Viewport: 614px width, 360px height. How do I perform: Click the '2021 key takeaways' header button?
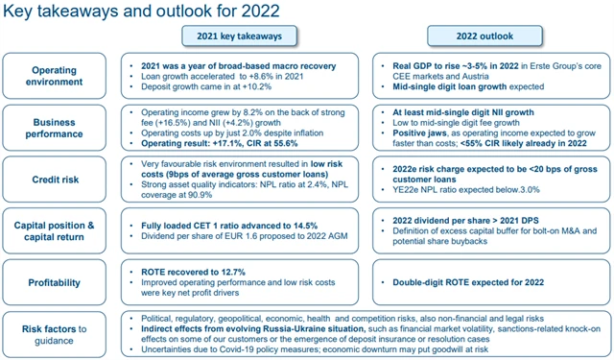click(x=234, y=36)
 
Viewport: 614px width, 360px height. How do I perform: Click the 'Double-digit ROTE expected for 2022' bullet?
click(x=462, y=282)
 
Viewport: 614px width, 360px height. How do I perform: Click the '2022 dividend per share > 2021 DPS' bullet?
click(x=457, y=223)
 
